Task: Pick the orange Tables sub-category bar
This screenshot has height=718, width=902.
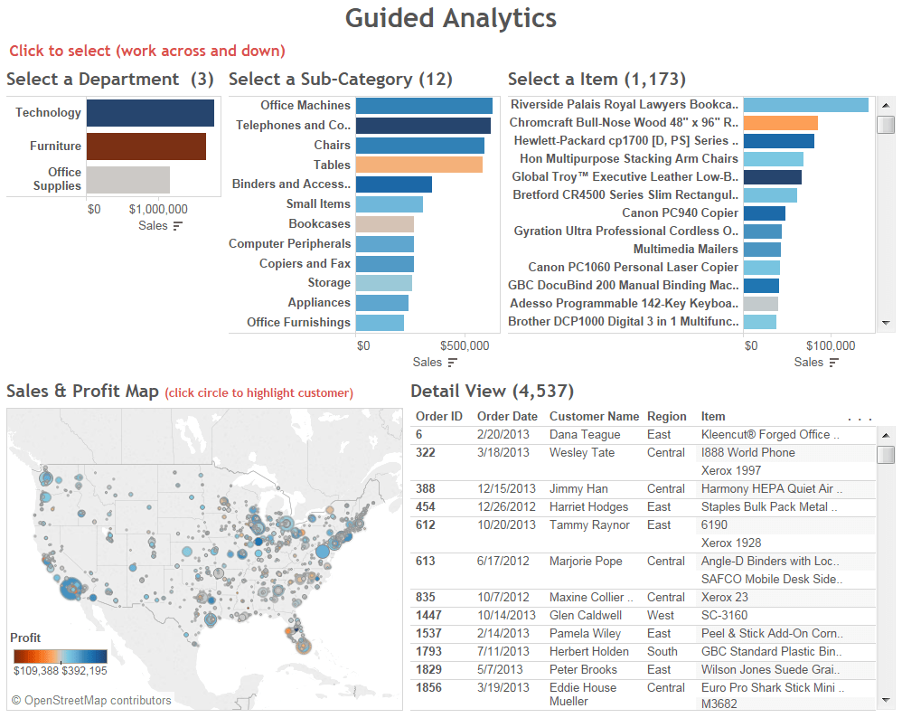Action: (418, 165)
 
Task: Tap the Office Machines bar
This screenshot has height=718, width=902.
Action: (424, 106)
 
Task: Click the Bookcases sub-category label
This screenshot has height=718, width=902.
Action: (319, 223)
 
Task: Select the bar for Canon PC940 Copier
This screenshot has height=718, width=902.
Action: (764, 213)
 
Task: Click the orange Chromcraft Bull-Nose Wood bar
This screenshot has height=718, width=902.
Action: (780, 123)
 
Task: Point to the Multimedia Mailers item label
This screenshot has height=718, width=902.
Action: (685, 249)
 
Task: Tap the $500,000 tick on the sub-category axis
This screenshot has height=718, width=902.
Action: (465, 345)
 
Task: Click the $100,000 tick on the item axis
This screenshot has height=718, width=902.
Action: (830, 345)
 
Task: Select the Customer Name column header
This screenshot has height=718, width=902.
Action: (594, 417)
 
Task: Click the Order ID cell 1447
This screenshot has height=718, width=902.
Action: (430, 615)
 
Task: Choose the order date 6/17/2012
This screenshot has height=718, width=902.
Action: (504, 561)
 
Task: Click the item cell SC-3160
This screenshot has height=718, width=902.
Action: (724, 615)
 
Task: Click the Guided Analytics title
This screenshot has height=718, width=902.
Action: (451, 18)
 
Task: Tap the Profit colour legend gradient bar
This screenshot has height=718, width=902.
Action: (61, 656)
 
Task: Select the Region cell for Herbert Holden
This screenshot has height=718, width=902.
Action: (662, 651)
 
